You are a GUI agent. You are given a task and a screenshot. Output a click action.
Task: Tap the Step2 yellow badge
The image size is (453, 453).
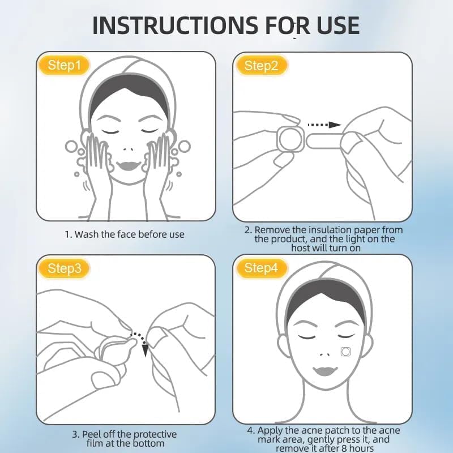pyautogui.click(x=261, y=66)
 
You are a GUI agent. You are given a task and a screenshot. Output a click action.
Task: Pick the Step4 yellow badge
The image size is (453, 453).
pyautogui.click(x=261, y=268)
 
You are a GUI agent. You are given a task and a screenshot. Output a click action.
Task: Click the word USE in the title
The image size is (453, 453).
pyautogui.click(x=335, y=25)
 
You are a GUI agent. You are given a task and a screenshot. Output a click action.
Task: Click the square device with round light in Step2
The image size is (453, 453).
pyautogui.click(x=289, y=138)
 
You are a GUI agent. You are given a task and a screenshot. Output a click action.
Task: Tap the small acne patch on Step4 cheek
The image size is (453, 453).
pyautogui.click(x=345, y=351)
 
